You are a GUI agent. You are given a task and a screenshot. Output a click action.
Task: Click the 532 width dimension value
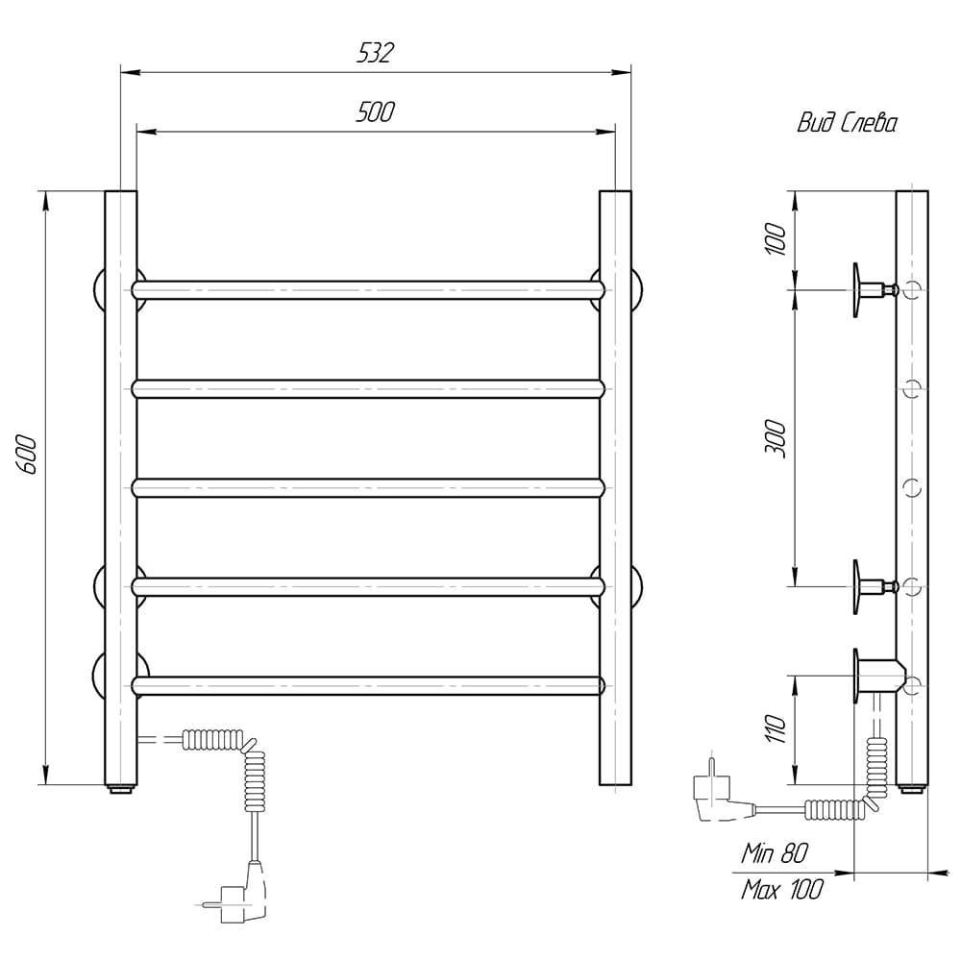click(x=375, y=53)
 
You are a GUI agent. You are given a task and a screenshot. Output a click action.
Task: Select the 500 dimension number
click(x=375, y=112)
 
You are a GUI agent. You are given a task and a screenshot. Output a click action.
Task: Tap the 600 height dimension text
click(x=28, y=455)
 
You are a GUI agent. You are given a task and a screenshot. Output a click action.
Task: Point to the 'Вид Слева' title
click(x=847, y=123)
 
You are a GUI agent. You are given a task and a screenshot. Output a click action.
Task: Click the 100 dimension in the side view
click(x=776, y=239)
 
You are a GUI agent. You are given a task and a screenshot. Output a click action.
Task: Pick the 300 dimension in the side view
click(x=776, y=438)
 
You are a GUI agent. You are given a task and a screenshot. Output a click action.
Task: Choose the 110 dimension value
click(x=776, y=728)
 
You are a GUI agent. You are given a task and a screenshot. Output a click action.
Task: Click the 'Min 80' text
click(x=775, y=852)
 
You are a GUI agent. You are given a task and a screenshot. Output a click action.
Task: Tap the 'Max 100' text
click(x=782, y=889)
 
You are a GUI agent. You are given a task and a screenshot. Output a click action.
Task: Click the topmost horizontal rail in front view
click(x=368, y=290)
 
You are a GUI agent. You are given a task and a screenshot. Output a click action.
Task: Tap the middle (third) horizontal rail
click(x=368, y=488)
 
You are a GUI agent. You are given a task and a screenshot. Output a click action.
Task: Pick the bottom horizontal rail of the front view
click(x=368, y=685)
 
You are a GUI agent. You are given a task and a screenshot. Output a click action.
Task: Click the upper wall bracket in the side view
click(x=875, y=290)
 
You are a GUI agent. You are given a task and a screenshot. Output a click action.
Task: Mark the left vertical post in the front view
click(x=121, y=488)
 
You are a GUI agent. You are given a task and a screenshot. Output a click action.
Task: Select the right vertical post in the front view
click(x=615, y=488)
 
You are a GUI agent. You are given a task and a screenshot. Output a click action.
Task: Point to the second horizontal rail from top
click(x=368, y=389)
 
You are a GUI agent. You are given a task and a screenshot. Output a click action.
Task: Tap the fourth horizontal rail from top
click(x=368, y=586)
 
